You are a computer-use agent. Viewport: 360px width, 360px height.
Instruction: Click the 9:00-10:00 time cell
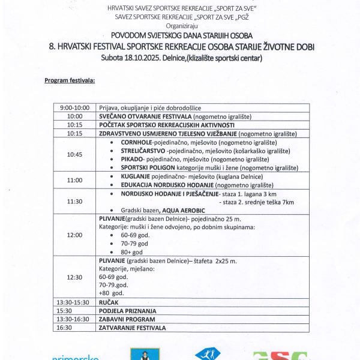75,107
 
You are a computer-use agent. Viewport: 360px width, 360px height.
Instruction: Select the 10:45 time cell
75,154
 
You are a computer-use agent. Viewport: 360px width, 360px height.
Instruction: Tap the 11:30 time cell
75,202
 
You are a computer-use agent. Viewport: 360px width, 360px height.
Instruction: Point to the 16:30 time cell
75,328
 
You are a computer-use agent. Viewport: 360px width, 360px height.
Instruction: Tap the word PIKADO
133,160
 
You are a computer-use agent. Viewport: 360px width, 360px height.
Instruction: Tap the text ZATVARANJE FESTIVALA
132,328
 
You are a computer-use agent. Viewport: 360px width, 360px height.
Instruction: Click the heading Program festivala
70,80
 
